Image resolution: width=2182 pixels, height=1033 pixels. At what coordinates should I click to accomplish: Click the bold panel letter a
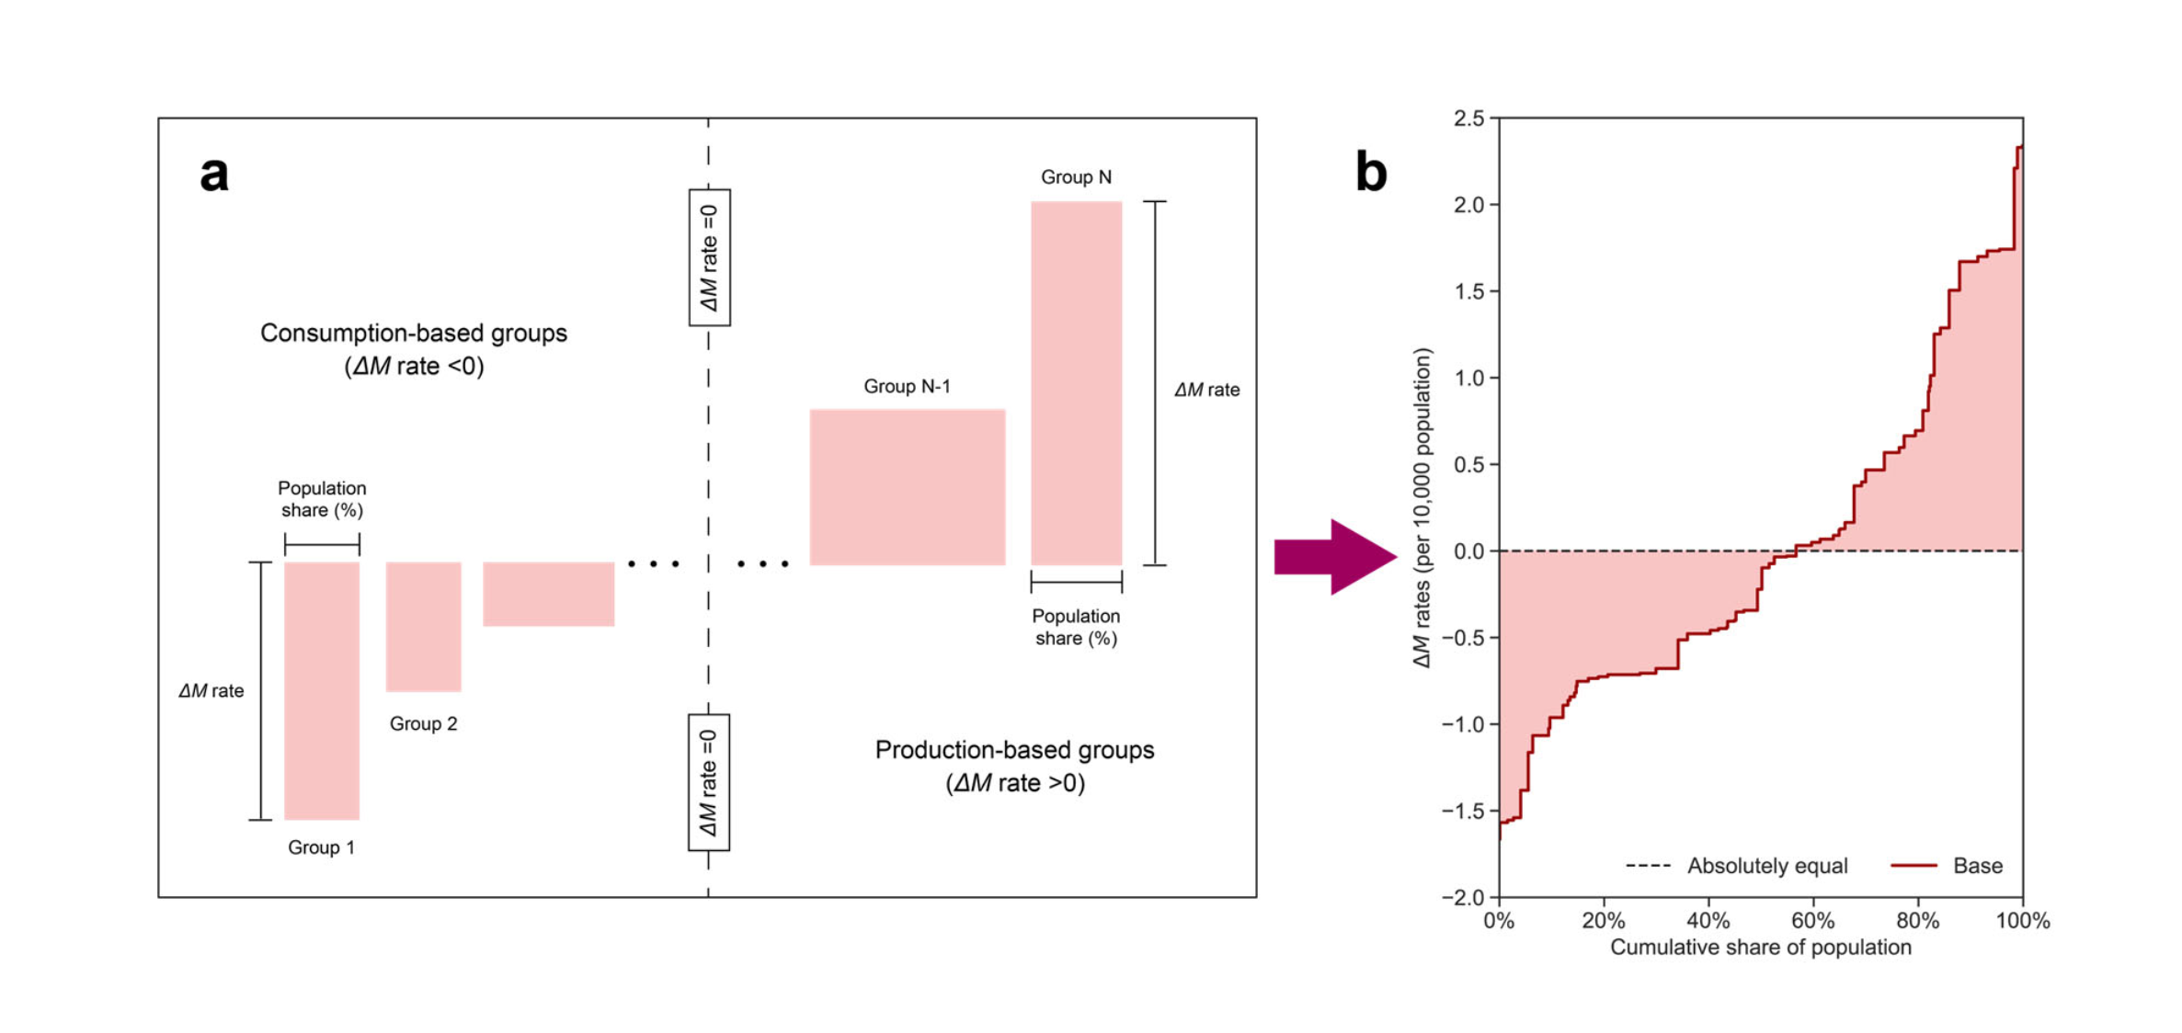point(213,174)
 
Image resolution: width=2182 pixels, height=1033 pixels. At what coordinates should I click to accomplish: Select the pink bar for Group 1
point(321,689)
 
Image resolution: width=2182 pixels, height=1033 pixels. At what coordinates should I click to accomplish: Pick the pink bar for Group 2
point(423,626)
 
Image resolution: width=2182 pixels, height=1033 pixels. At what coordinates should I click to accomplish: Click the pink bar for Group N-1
point(907,486)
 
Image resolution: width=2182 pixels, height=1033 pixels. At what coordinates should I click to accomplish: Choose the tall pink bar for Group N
point(1076,382)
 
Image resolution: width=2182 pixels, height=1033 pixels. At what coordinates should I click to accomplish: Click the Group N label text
point(1076,176)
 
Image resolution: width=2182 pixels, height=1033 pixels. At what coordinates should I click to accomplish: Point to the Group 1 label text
point(321,847)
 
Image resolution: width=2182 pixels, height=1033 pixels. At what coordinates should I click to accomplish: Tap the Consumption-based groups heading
point(414,333)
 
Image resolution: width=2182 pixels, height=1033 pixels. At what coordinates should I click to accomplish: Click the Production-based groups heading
point(1014,750)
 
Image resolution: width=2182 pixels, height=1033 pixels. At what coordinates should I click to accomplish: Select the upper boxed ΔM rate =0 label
point(709,257)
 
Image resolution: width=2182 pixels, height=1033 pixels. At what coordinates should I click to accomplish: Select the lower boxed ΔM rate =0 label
point(709,782)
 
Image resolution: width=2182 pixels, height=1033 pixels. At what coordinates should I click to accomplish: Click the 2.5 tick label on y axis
point(1468,119)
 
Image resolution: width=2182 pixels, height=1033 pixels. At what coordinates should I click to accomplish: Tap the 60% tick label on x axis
point(1812,921)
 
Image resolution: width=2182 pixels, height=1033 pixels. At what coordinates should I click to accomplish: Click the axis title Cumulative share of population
point(1760,948)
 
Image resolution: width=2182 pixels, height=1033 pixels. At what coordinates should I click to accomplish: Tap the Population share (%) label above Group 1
point(322,499)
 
